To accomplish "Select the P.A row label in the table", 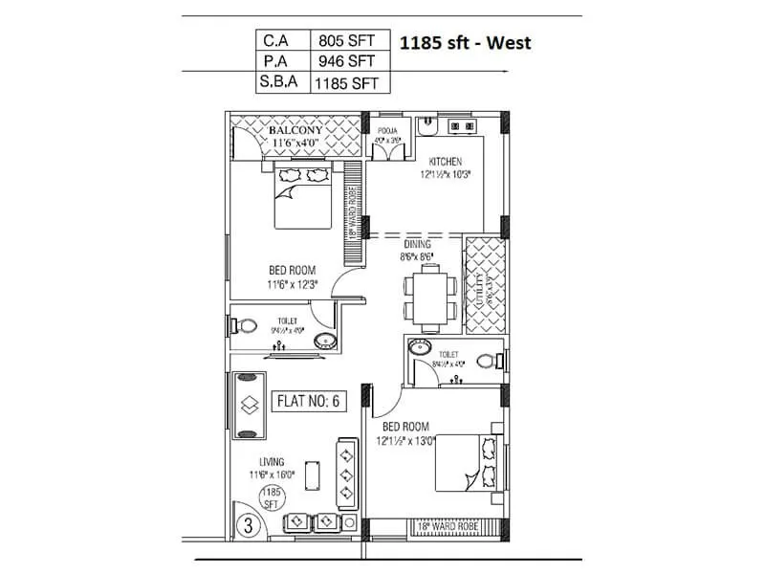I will [273, 61].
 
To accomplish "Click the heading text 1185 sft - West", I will [465, 42].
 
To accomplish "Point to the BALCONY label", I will [295, 130].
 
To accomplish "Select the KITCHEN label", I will [446, 161].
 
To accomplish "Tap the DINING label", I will [416, 245].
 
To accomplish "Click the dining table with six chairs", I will [422, 295].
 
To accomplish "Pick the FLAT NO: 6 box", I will [308, 401].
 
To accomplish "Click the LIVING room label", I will [271, 462].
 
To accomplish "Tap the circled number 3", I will [247, 524].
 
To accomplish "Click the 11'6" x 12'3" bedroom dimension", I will [293, 284].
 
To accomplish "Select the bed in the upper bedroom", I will [302, 194].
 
